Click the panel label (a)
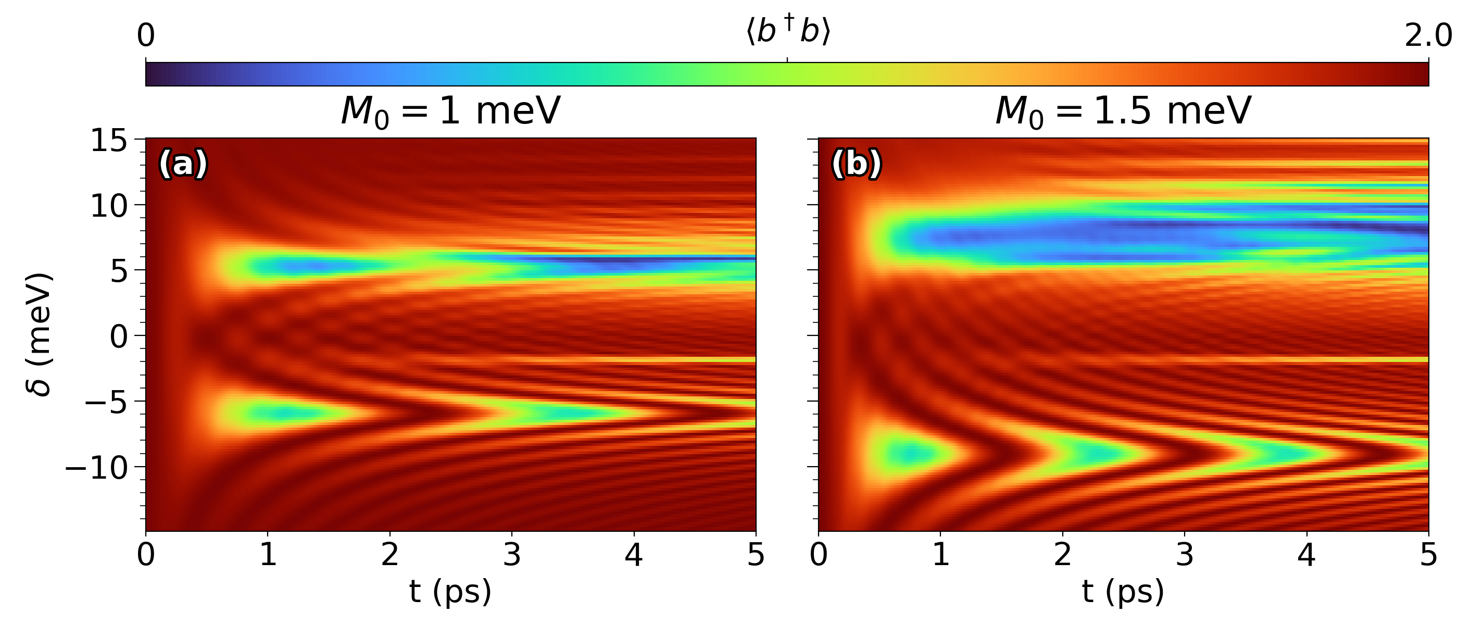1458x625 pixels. click(183, 164)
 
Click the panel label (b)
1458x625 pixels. click(856, 164)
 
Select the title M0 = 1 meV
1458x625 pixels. click(450, 111)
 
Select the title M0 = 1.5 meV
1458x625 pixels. click(1123, 111)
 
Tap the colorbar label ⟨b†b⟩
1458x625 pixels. click(787, 32)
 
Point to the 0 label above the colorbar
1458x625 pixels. click(146, 35)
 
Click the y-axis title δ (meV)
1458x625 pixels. click(40, 335)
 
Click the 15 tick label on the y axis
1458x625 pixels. click(109, 141)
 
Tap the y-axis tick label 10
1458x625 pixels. click(109, 206)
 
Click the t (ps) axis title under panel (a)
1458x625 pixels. click(450, 592)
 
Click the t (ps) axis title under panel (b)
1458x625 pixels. click(1123, 592)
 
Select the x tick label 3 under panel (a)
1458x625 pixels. click(512, 555)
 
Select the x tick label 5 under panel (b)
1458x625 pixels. click(1428, 555)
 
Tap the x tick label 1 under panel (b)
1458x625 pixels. click(941, 555)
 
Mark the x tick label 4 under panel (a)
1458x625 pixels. click(634, 555)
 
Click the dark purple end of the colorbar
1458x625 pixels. click(153, 74)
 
